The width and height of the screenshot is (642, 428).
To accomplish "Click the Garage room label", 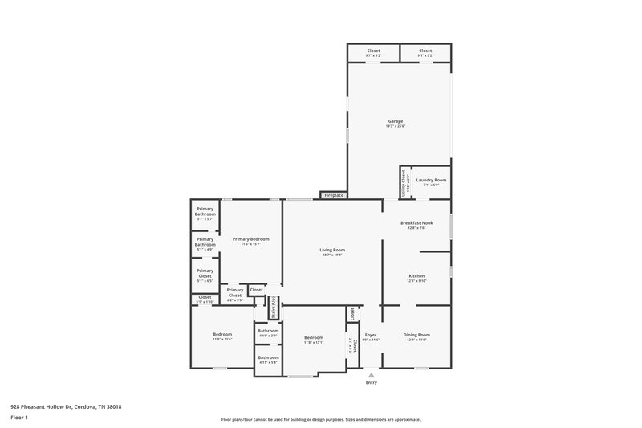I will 396,121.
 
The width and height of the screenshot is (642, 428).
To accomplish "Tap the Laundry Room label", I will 431,181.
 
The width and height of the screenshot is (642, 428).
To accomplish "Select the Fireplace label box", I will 333,195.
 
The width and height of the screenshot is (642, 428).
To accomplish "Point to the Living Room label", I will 332,251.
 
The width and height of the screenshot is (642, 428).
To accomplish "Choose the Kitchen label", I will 416,276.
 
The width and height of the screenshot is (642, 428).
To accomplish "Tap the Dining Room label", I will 416,335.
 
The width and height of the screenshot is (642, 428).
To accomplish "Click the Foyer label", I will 371,335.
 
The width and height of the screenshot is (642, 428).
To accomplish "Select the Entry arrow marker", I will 371,374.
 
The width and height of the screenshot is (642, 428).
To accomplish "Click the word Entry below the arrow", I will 371,383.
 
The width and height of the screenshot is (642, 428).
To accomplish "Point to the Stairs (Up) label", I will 273,308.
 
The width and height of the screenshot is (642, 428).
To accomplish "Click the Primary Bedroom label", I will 251,239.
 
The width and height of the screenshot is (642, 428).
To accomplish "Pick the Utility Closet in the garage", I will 404,182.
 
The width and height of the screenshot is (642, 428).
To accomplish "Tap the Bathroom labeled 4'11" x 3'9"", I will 268,332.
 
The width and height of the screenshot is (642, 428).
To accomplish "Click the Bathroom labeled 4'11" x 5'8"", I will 268,358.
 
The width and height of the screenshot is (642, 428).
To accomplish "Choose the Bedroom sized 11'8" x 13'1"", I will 313,338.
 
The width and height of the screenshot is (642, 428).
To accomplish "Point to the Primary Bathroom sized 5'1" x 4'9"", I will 205,242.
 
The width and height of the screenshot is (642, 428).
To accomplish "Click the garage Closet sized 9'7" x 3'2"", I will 373,51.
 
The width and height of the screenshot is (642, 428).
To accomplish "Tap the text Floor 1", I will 20,418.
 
